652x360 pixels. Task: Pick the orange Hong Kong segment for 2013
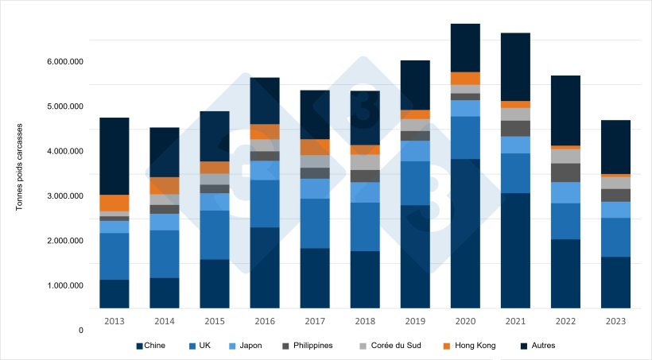click(114, 203)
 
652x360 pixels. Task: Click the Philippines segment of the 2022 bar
click(565, 172)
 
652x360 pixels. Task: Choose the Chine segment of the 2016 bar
click(265, 268)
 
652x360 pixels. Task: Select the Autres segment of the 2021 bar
click(515, 67)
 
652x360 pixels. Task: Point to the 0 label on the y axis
click(80, 330)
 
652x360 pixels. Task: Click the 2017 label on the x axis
click(315, 321)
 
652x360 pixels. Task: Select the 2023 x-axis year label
click(615, 321)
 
